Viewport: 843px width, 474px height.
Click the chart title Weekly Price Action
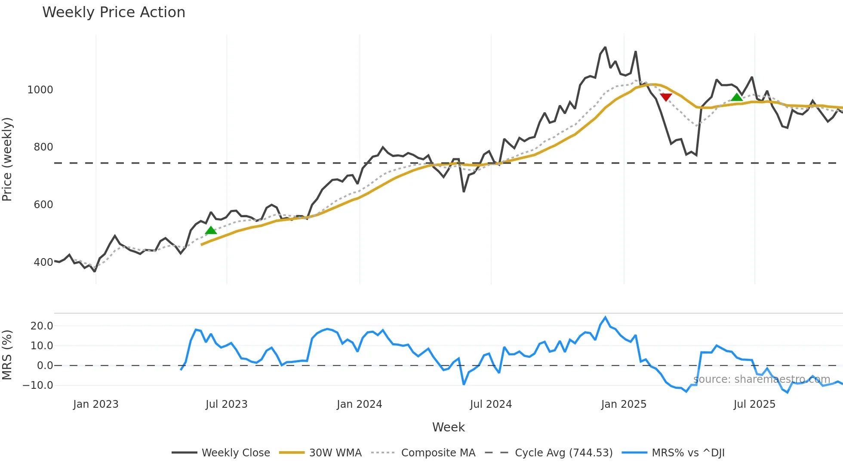coord(114,12)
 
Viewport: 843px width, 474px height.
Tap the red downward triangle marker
coord(666,97)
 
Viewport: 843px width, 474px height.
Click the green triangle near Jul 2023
coord(211,231)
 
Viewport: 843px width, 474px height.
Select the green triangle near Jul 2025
coord(737,97)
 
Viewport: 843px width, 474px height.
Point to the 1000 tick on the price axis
coord(40,90)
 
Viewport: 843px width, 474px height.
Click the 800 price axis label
coord(43,147)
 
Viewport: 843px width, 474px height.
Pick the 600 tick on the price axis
coord(43,205)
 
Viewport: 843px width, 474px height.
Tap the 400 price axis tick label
coord(43,262)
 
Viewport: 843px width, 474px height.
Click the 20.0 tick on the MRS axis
coord(42,326)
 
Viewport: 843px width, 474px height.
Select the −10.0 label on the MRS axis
coord(38,385)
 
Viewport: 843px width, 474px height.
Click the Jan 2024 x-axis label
coord(359,404)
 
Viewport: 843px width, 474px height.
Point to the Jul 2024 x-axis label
coord(491,404)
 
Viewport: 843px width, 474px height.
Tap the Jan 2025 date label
coord(624,404)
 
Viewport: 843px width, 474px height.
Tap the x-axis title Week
coord(448,427)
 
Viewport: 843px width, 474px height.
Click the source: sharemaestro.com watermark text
coord(762,379)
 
